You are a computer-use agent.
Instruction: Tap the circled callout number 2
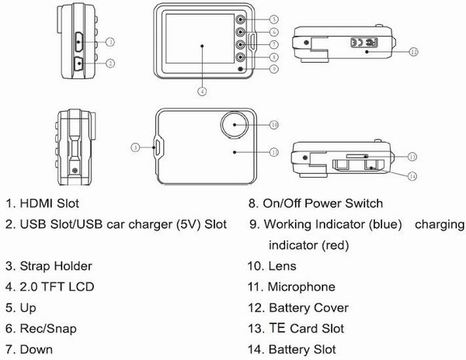[x=110, y=62]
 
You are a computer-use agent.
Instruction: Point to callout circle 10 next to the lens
[x=273, y=124]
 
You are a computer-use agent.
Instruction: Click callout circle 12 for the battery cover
[x=414, y=50]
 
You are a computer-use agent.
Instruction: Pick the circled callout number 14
[x=414, y=176]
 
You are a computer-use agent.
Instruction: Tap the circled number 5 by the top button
[x=274, y=18]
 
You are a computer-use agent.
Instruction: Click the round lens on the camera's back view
[x=234, y=124]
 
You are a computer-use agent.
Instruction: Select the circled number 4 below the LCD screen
[x=201, y=91]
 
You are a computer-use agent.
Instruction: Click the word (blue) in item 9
[x=384, y=224]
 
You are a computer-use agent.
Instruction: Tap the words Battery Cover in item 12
[x=309, y=308]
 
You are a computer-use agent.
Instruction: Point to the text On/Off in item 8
[x=287, y=203]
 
